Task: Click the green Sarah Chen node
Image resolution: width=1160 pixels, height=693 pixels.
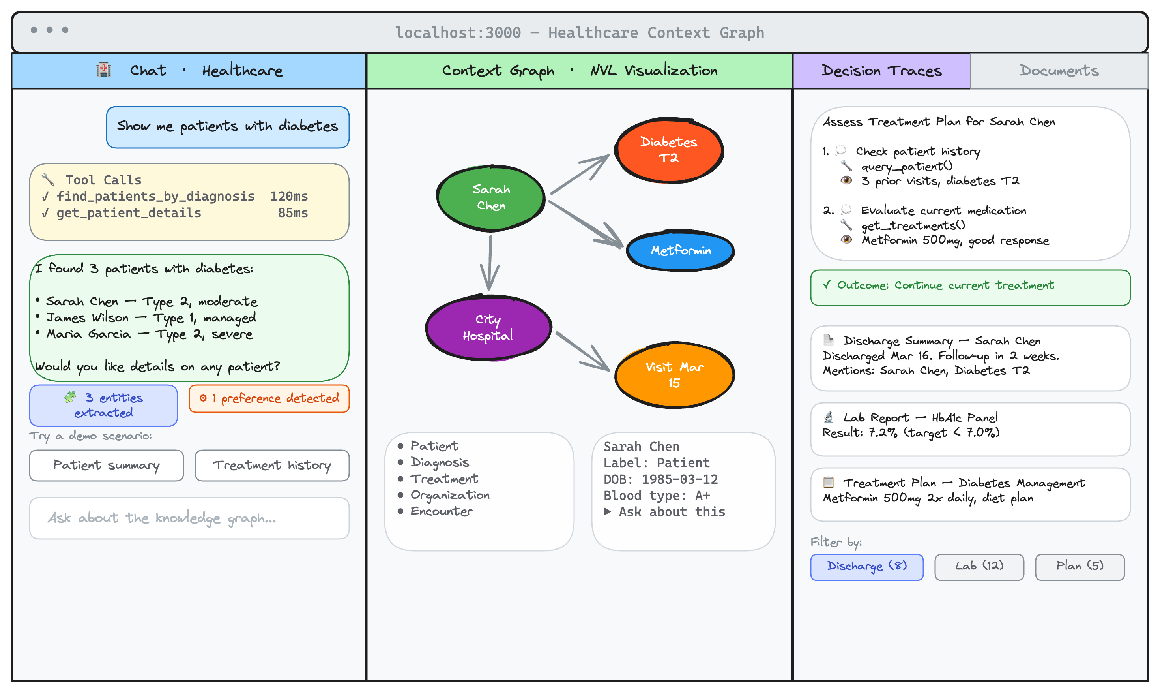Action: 491,198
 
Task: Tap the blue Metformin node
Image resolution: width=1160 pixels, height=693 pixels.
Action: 680,251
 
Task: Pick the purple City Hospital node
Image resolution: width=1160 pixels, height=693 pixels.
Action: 488,327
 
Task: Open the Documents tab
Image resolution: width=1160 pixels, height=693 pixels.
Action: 1058,71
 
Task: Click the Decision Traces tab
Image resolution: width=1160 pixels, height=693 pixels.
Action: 881,71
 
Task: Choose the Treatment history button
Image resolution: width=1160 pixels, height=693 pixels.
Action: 272,465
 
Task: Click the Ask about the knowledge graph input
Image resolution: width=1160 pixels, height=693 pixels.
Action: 189,518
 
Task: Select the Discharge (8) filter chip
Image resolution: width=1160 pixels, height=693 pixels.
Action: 866,567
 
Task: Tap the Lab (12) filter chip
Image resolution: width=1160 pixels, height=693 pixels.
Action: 979,567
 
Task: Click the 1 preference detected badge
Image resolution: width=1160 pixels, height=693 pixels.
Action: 269,398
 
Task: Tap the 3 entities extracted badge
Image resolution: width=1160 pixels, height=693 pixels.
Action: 104,406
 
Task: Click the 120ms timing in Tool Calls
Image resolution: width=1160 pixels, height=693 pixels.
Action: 289,197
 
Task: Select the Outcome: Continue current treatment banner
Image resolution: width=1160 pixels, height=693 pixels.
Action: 970,287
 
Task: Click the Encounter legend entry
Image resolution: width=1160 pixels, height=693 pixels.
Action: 441,511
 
